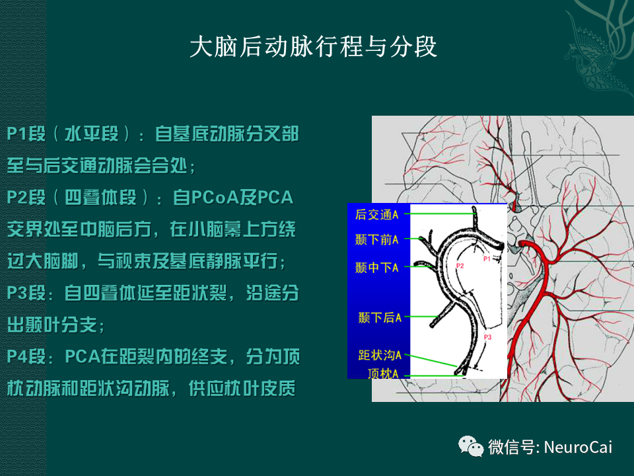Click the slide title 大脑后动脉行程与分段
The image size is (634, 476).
tap(314, 48)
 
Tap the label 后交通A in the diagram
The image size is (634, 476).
tap(377, 214)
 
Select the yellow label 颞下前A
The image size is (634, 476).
tap(377, 239)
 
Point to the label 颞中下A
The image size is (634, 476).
tap(377, 267)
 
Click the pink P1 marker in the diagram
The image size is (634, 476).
tap(487, 259)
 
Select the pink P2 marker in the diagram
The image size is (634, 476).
tap(460, 266)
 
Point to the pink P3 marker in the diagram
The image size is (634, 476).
tap(488, 337)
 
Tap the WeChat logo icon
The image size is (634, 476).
tap(472, 447)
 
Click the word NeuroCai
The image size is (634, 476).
tap(579, 448)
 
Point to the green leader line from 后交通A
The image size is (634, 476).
tap(439, 214)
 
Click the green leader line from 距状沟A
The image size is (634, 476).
tap(429, 359)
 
